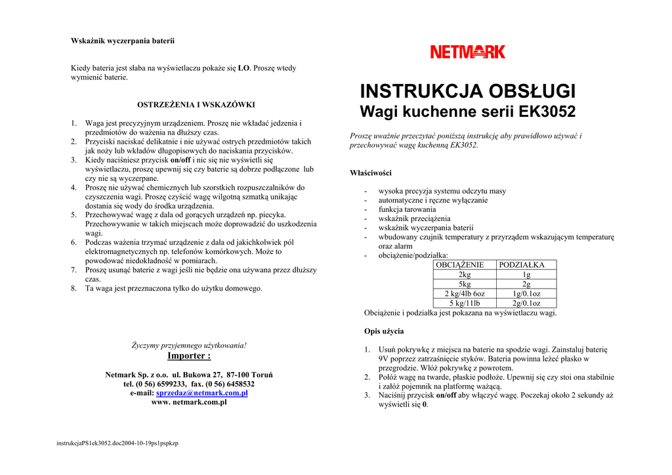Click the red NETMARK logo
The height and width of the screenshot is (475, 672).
468,52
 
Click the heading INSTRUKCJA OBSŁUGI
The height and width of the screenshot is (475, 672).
468,91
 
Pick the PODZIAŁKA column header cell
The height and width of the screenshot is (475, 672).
526,265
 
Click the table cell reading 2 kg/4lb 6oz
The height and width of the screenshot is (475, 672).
464,294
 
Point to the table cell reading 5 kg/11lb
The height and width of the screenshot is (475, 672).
464,303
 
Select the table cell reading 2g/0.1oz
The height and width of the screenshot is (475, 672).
526,303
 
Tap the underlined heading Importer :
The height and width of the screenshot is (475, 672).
189,356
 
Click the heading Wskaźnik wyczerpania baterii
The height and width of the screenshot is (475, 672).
123,41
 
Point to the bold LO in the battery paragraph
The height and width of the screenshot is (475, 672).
243,68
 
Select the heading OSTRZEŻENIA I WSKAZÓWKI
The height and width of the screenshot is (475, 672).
196,104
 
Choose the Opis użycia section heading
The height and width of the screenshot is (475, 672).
384,331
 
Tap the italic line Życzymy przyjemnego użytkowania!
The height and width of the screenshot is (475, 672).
189,345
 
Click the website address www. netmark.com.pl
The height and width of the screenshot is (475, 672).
189,402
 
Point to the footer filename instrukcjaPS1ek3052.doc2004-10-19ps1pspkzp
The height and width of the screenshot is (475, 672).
117,443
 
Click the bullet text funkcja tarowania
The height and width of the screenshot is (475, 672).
407,209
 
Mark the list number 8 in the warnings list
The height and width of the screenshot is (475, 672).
73,288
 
